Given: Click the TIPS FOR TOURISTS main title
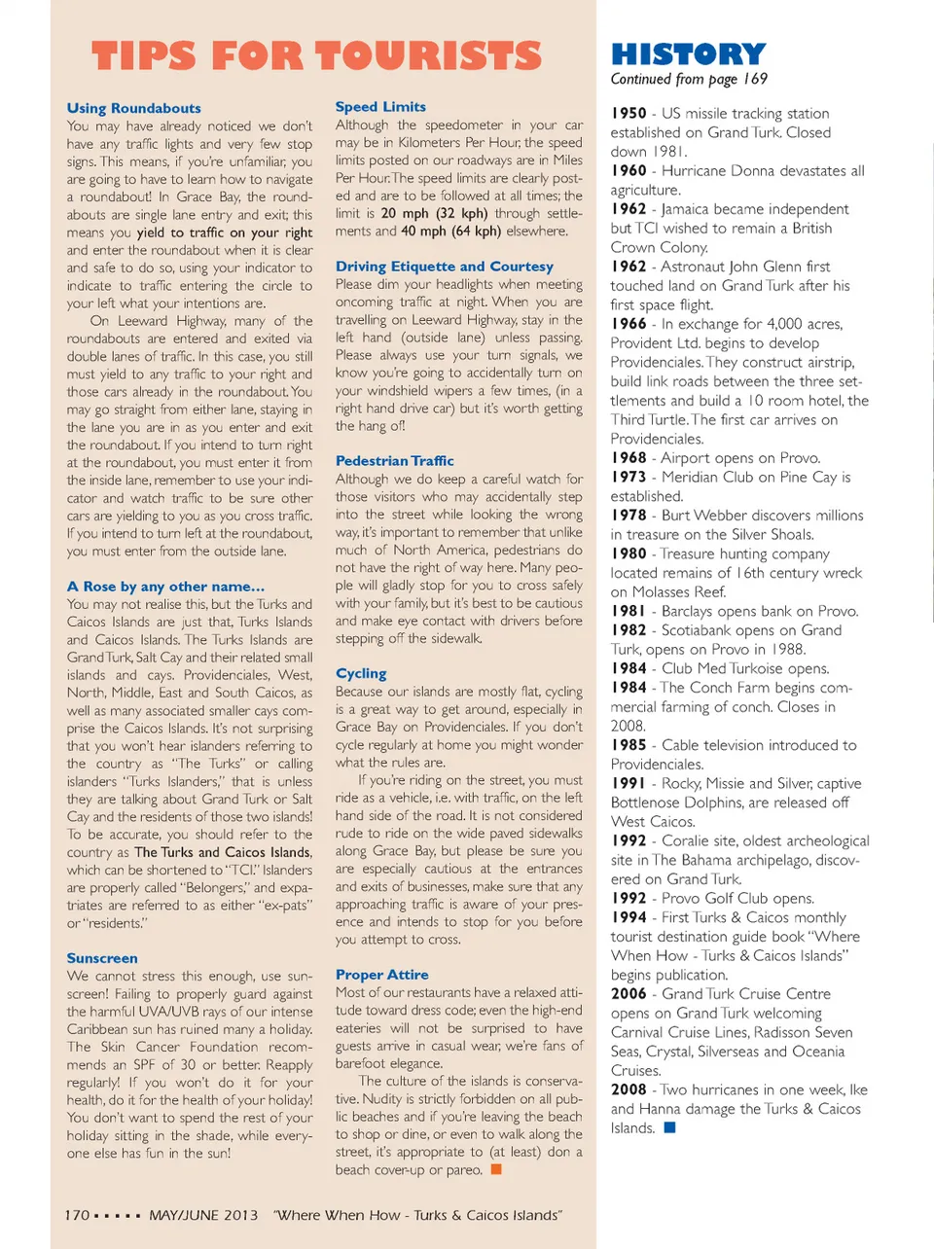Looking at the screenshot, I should point(316,55).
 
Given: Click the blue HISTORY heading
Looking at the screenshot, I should point(688,54).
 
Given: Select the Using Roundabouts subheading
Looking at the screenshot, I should point(134,108).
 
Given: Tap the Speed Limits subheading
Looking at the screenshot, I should point(380,106).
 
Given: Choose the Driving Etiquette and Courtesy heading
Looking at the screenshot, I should point(444,266).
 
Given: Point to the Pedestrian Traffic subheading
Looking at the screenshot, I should point(394,460).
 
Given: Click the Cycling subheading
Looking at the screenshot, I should point(361,672).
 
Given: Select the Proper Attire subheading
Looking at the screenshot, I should point(381,974).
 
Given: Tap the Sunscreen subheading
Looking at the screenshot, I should point(102,957).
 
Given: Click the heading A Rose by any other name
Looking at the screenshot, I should point(165,586).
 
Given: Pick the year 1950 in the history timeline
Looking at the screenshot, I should point(629,113).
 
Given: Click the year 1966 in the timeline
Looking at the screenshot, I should point(629,324).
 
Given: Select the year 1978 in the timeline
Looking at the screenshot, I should point(629,515).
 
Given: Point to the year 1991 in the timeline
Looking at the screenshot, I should point(629,783).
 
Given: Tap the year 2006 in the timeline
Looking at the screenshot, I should point(629,993).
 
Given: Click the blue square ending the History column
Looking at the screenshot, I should point(669,1127).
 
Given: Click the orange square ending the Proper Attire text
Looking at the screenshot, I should point(496,1169).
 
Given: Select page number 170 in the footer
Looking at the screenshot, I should point(77,1215).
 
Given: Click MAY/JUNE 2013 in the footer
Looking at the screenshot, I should point(203,1215).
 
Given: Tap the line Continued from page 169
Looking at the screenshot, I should point(689,79).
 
